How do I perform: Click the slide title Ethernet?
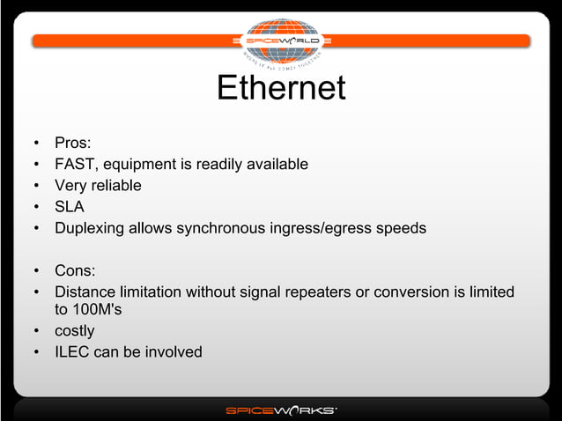tap(280, 89)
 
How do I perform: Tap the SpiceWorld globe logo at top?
tap(281, 41)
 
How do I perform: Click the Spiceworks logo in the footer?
tap(281, 410)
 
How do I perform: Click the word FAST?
tap(75, 164)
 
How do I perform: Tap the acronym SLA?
tap(70, 207)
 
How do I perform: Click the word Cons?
tap(75, 270)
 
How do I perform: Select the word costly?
tap(74, 331)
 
